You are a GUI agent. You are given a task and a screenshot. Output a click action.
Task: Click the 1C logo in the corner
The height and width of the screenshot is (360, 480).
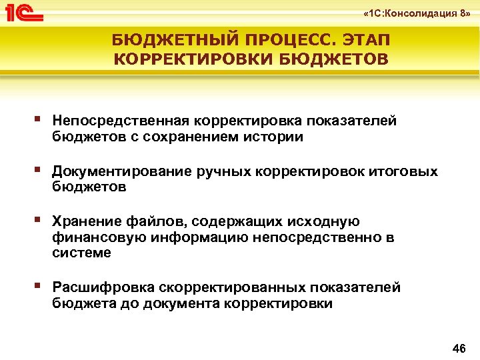coord(24,11)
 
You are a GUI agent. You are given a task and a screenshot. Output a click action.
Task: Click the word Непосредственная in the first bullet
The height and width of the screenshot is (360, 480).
coord(121,121)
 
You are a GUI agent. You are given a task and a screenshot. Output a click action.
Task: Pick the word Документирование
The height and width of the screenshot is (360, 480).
coord(123,171)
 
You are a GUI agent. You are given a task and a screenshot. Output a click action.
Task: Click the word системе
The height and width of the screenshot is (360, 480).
coord(82,253)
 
